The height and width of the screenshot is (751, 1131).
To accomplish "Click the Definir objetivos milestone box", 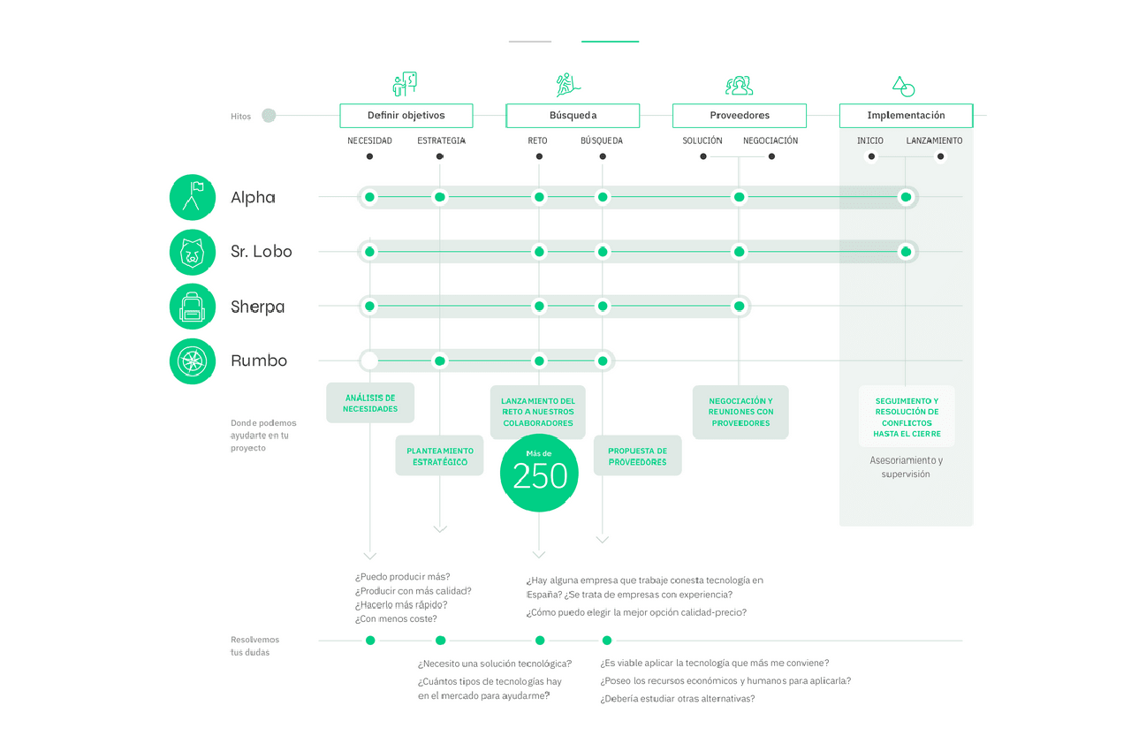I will click(x=406, y=116).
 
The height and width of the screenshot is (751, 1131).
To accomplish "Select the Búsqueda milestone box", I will click(x=573, y=116).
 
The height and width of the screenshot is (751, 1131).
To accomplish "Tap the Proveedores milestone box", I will click(x=740, y=116).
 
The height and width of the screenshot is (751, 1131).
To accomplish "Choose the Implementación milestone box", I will click(x=906, y=116).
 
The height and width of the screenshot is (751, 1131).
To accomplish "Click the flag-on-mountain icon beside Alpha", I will click(x=193, y=197).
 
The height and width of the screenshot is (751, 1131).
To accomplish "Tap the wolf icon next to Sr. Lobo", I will click(x=193, y=252).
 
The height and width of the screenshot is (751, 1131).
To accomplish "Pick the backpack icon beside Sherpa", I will click(x=193, y=307).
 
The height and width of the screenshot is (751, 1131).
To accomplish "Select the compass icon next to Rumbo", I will click(x=193, y=360).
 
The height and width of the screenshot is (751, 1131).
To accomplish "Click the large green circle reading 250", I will click(x=539, y=474).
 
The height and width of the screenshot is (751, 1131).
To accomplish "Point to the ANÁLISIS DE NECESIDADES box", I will click(x=370, y=403).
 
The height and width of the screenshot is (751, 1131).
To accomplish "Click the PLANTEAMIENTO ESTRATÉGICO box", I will click(x=439, y=456).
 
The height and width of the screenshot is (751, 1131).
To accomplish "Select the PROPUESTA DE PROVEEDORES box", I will click(x=637, y=456).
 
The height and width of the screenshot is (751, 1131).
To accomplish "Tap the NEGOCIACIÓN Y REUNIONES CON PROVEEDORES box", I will click(x=740, y=412).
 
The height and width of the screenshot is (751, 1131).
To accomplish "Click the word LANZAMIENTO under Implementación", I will click(x=934, y=140).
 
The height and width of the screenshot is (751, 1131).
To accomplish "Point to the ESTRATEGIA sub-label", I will click(x=441, y=140).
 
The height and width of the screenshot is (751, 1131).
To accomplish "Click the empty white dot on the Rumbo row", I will click(x=369, y=360).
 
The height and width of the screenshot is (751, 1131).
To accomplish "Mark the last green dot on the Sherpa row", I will click(x=739, y=307).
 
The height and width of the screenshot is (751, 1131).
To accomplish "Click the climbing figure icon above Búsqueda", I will click(x=568, y=85).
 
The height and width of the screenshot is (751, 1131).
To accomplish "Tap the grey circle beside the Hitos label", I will click(x=269, y=116).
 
